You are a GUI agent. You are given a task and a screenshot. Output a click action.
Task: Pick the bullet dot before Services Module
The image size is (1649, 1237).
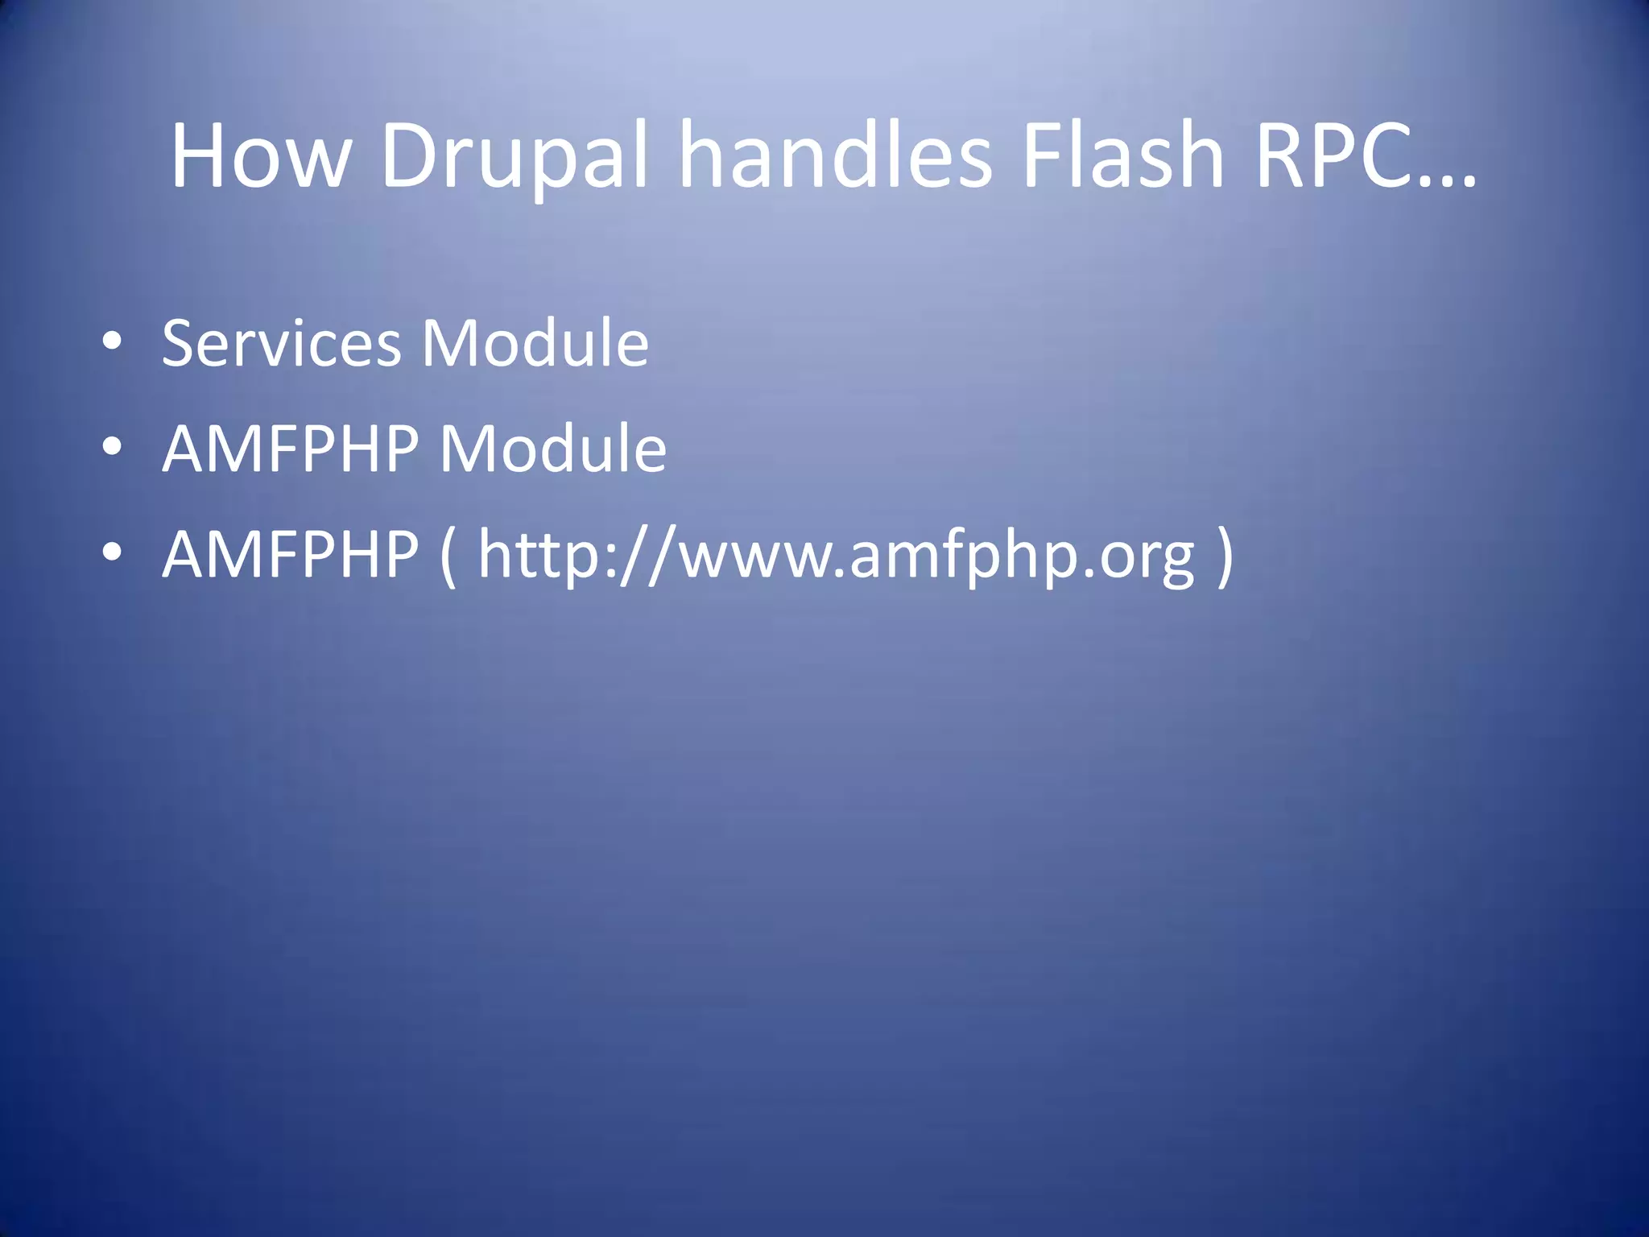112,342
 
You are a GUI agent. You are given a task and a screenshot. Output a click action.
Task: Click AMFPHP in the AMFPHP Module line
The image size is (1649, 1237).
291,449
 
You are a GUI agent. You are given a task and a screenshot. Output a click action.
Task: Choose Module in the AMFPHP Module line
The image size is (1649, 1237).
553,449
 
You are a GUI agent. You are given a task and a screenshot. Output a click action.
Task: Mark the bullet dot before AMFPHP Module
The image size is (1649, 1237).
112,447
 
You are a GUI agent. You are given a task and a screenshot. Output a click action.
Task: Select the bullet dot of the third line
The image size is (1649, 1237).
112,552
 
